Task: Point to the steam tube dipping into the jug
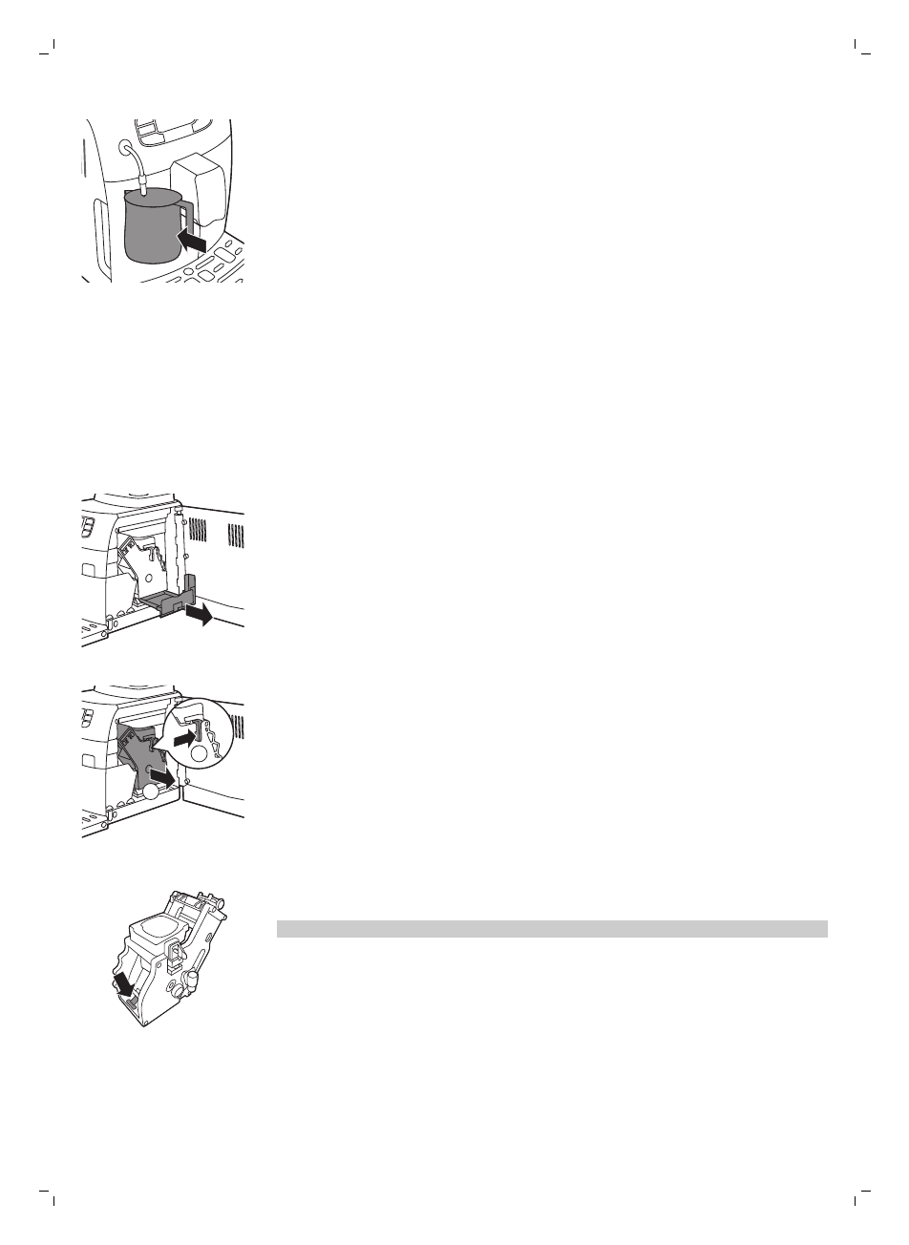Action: click(139, 172)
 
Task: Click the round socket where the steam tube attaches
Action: click(126, 148)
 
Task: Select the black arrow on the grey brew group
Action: click(162, 780)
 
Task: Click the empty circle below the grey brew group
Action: click(152, 791)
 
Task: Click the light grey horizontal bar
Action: click(552, 929)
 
